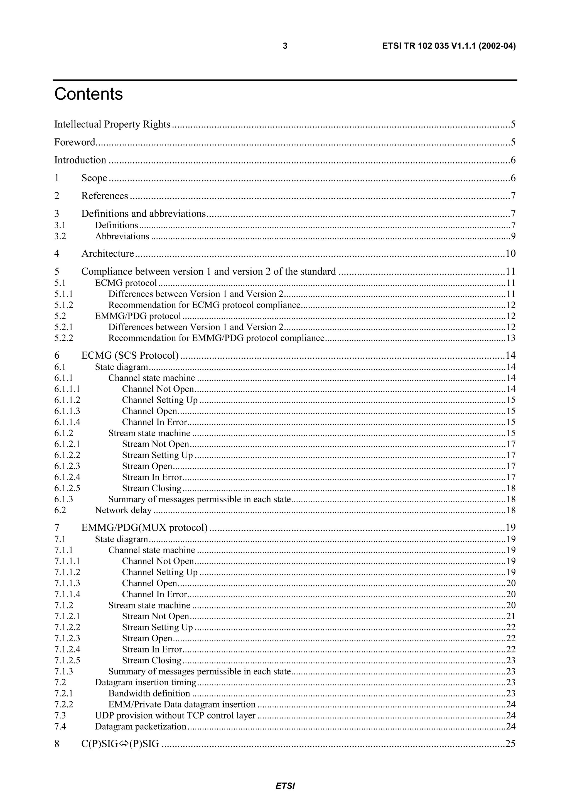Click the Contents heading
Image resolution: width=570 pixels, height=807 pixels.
pos(89,94)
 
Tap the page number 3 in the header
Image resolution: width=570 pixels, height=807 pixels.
pos(285,46)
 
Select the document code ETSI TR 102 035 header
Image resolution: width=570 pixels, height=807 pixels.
pos(448,46)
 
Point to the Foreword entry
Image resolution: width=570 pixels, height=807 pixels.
pos(75,142)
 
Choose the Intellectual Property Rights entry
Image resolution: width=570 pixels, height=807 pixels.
pos(112,124)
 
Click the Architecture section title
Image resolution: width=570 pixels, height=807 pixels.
pos(107,254)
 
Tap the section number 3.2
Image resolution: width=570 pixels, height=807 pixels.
pos(60,236)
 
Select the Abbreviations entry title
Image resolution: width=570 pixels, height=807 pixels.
pos(122,236)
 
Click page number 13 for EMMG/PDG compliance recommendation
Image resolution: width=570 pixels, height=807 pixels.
pos(511,338)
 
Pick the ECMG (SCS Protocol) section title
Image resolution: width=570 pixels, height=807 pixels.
pos(130,356)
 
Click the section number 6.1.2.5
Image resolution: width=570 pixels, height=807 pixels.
pos(67,488)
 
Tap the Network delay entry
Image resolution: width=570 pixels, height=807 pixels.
pos(123,510)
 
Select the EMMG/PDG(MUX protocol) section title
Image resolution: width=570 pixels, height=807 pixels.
pos(144,528)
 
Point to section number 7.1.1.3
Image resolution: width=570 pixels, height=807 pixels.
pos(67,583)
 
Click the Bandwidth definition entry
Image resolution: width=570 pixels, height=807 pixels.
pos(149,693)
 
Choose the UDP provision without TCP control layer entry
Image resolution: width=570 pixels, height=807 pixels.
pos(175,716)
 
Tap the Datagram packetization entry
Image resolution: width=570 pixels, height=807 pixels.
pos(141,727)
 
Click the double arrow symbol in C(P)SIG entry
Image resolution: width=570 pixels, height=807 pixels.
pos(123,744)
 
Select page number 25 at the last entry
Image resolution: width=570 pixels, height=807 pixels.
pos(510,744)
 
